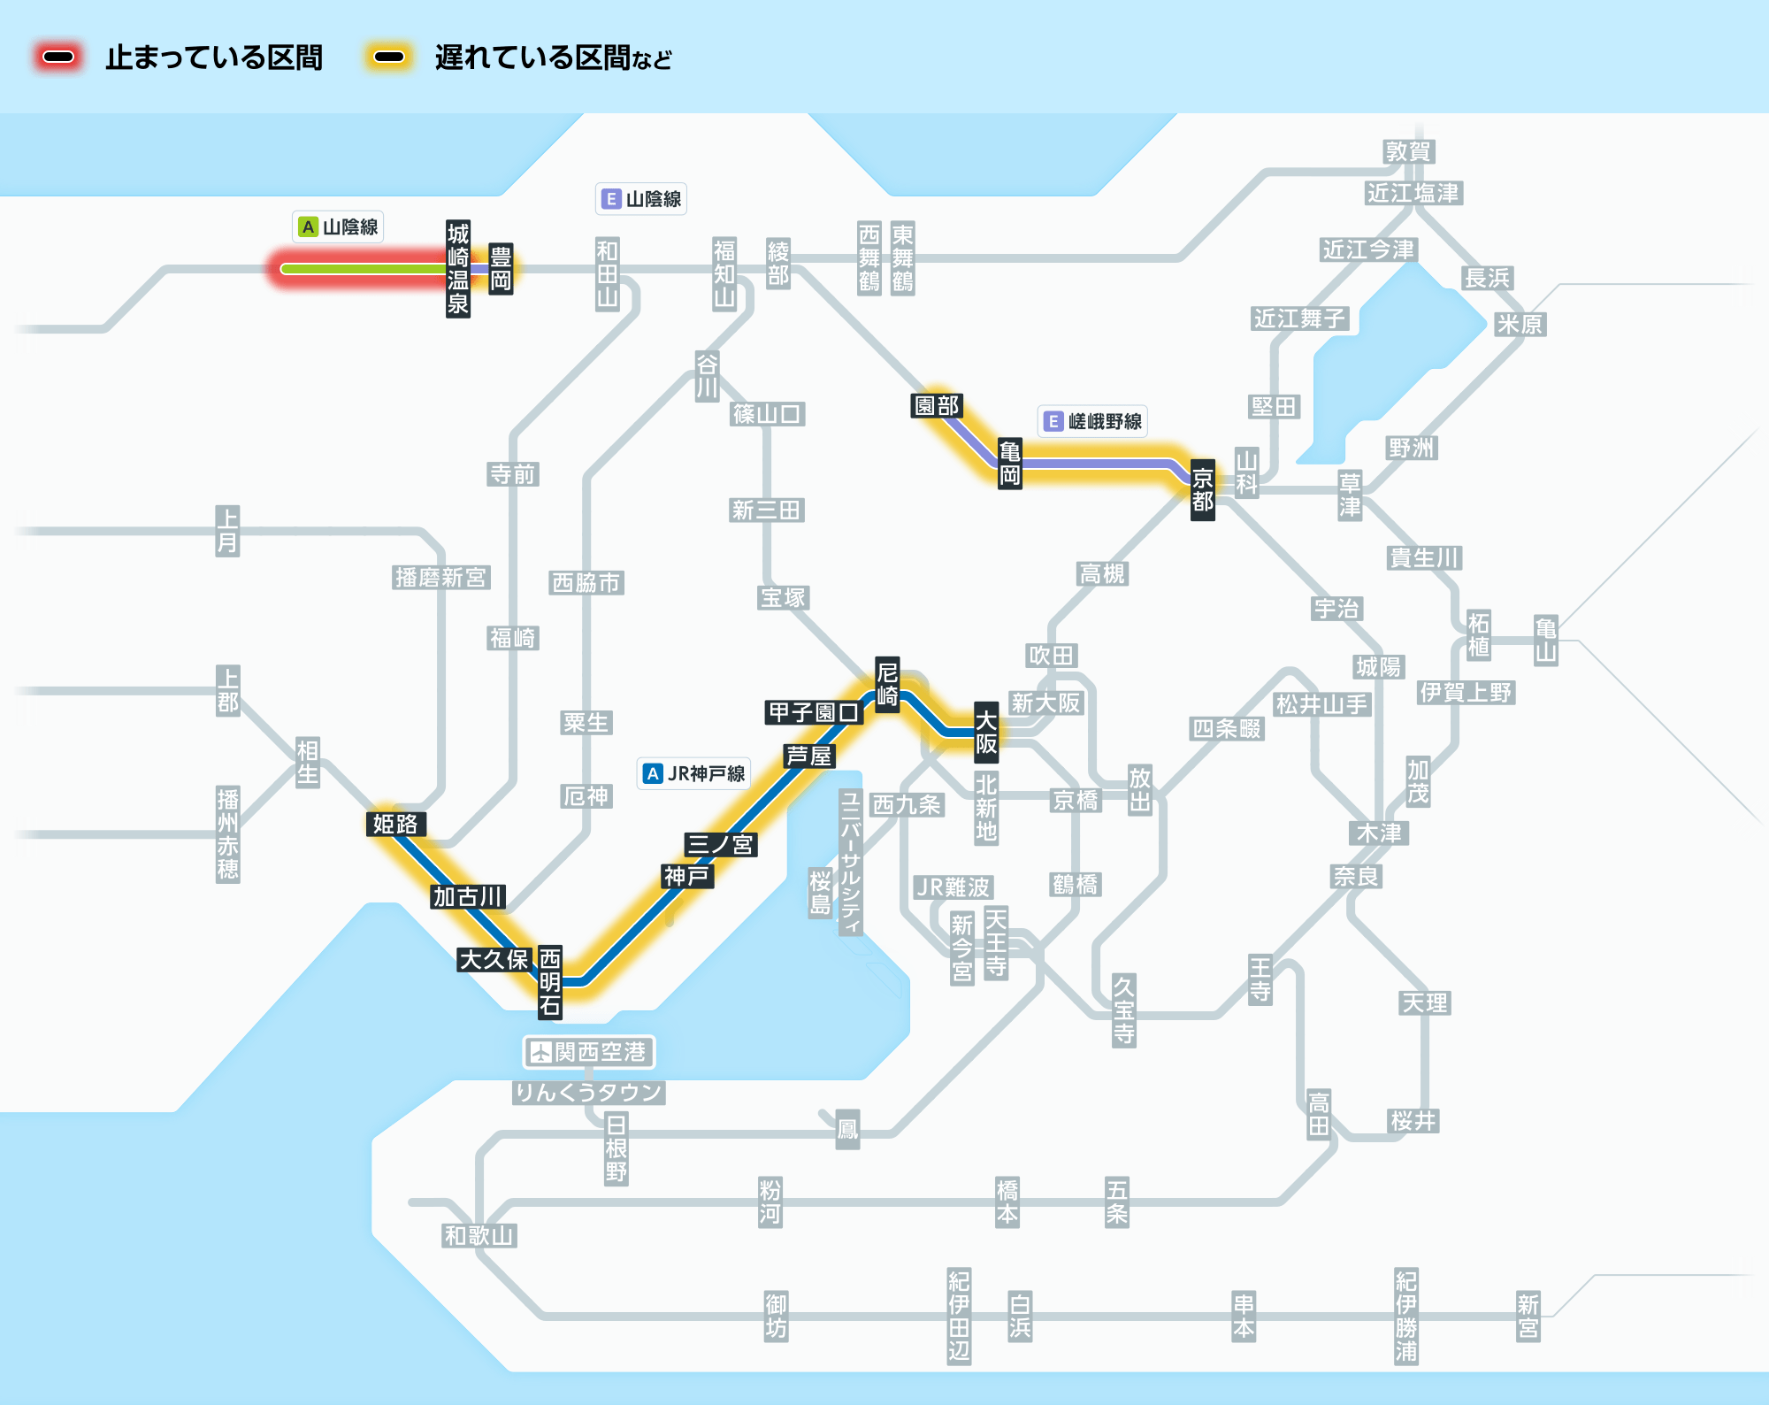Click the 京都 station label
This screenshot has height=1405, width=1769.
tap(1202, 490)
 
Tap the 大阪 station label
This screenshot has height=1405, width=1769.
tap(986, 733)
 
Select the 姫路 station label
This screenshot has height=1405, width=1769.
tap(395, 824)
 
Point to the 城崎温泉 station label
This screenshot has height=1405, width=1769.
tap(457, 269)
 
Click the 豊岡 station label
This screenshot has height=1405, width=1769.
tap(501, 269)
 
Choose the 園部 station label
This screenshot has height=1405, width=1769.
tap(937, 405)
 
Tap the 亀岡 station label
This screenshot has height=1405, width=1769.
tap(1010, 464)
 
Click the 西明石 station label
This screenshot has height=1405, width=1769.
tap(550, 982)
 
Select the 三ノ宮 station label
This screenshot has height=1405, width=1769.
tap(721, 844)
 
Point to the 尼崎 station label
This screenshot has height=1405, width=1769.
tap(887, 684)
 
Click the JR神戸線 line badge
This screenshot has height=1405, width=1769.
tap(694, 773)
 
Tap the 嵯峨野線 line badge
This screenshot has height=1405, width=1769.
tap(1093, 421)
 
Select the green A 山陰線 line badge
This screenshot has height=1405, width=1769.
tap(338, 226)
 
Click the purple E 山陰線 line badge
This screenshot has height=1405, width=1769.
tap(641, 199)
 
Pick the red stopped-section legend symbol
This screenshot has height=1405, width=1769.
tap(58, 58)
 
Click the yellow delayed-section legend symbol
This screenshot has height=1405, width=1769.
tap(389, 58)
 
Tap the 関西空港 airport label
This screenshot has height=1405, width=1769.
tap(589, 1052)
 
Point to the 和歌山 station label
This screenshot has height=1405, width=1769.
tap(479, 1236)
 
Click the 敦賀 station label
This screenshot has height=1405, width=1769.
tap(1409, 151)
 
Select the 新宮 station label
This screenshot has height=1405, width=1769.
tap(1528, 1317)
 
